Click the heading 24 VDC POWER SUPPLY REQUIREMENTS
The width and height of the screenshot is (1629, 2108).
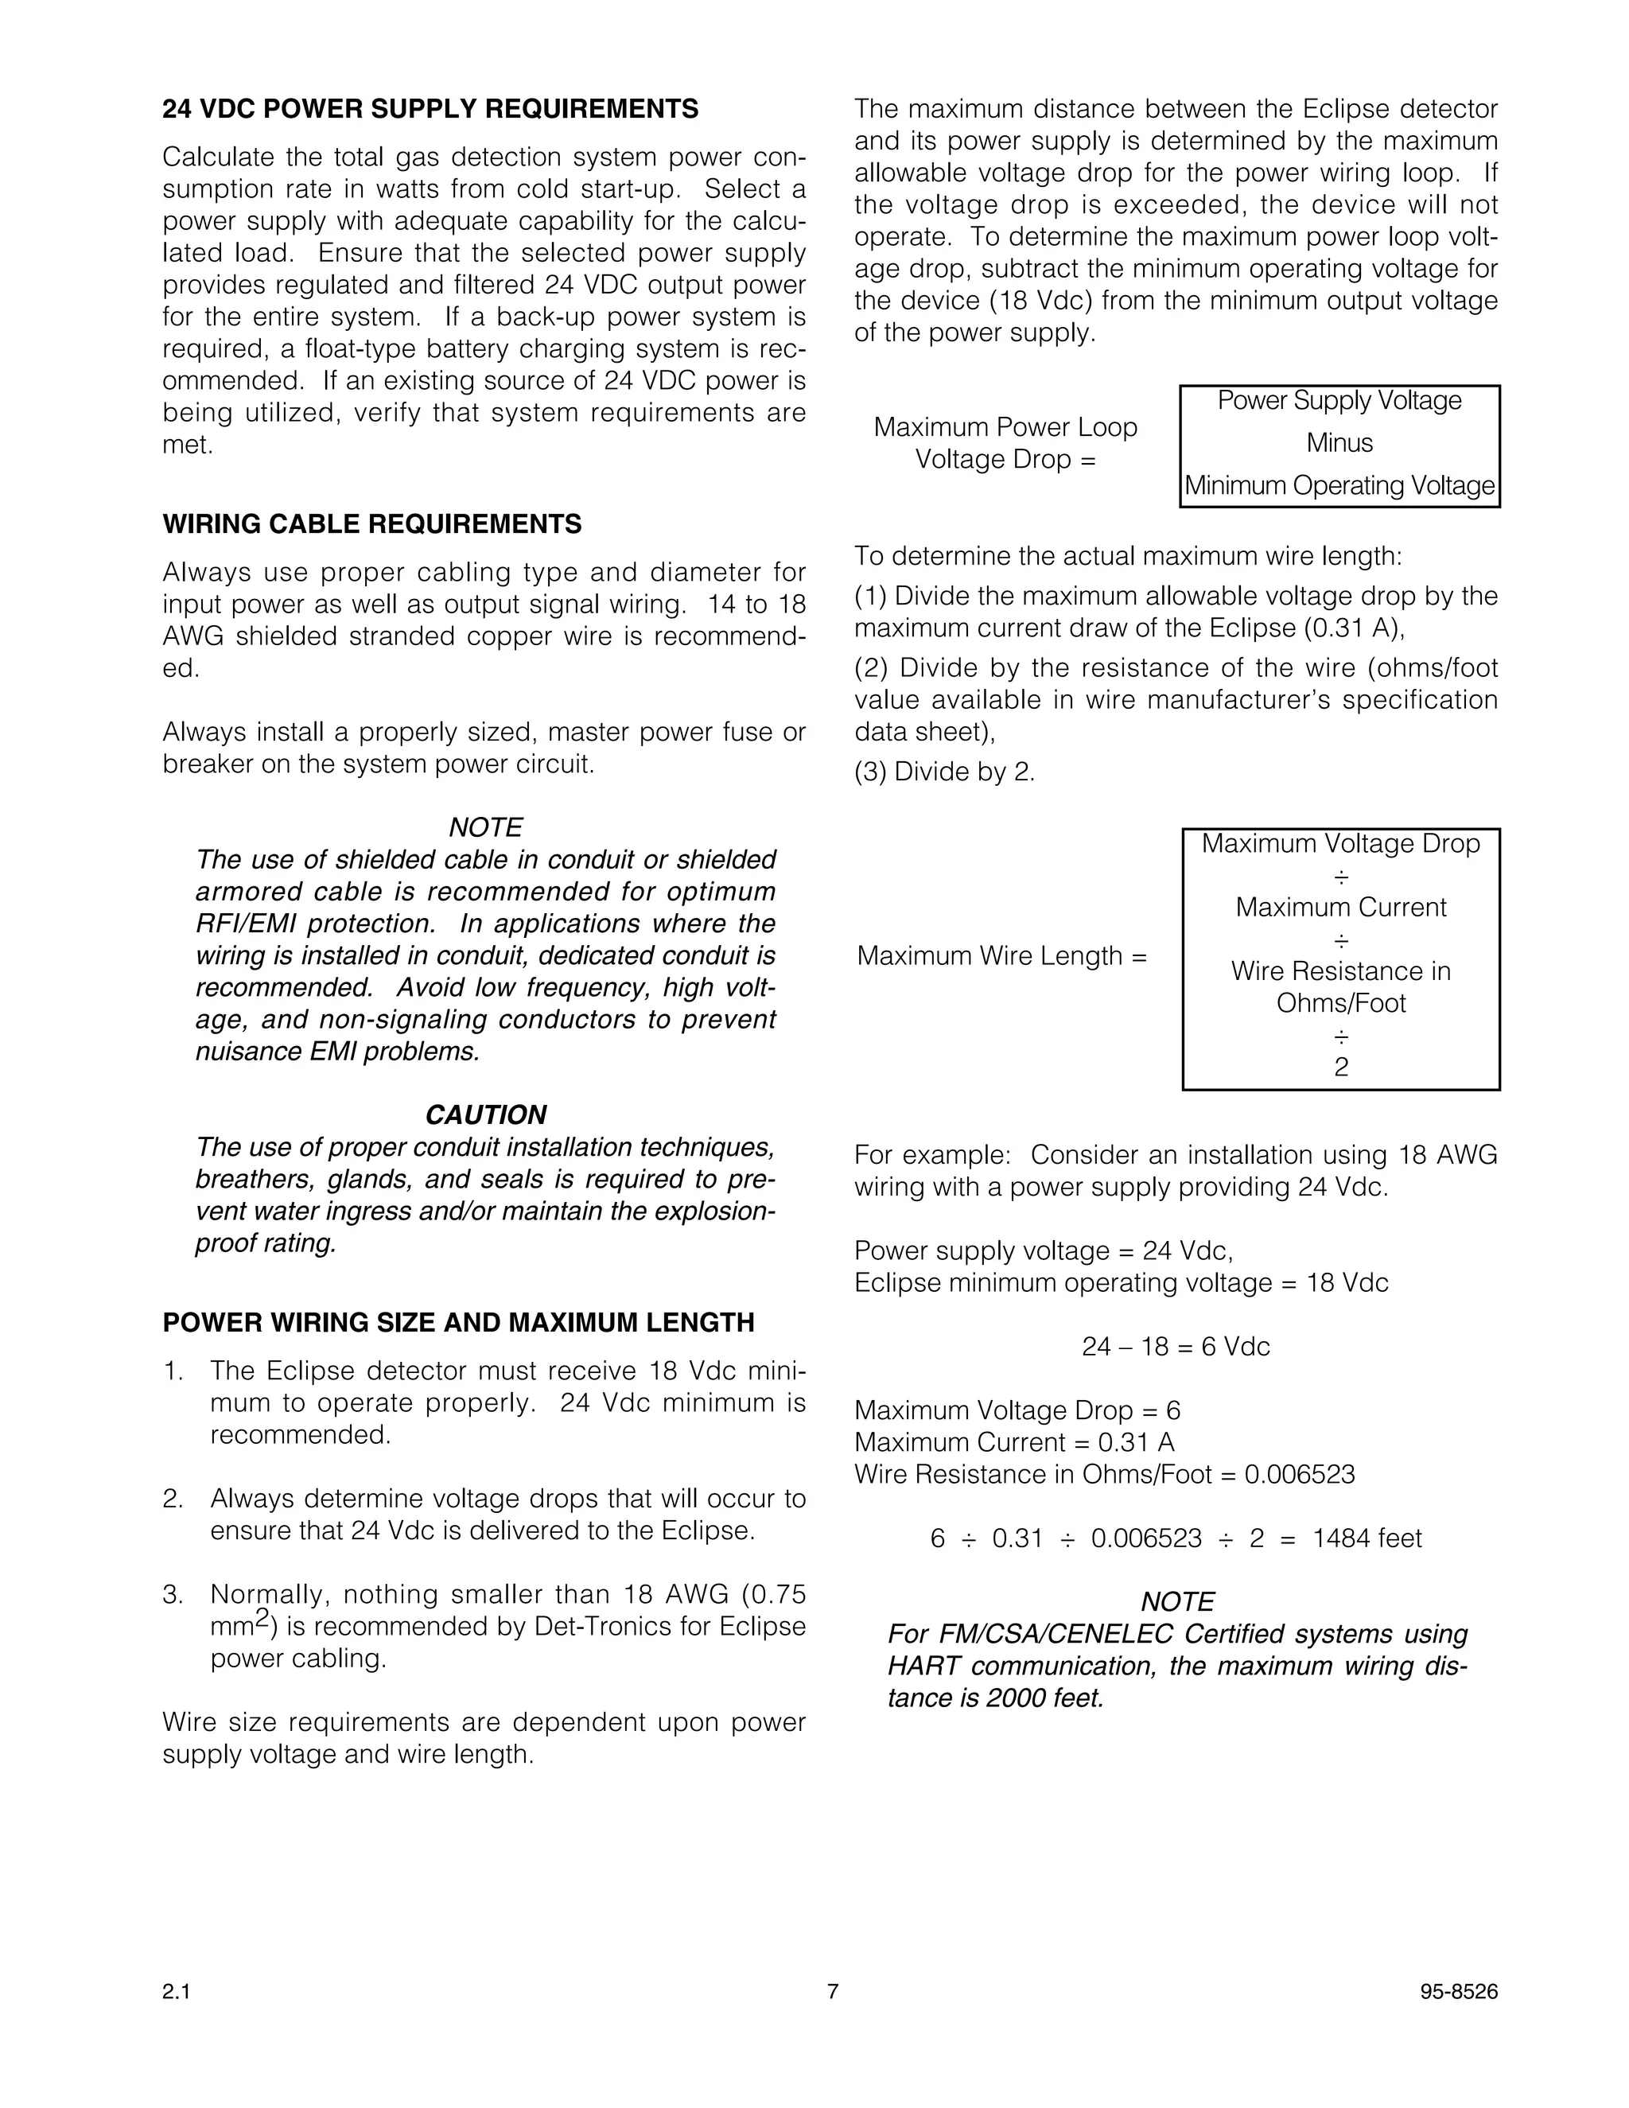coord(430,109)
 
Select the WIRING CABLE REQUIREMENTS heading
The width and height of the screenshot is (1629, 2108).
coord(371,524)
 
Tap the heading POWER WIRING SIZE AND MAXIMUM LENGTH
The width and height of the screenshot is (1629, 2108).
coord(458,1322)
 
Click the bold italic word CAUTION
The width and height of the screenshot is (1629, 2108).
coord(485,1114)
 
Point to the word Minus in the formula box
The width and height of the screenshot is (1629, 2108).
coord(1339,443)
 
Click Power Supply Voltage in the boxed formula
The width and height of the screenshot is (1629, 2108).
coord(1339,401)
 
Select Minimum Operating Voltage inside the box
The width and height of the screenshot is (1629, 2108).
coord(1339,485)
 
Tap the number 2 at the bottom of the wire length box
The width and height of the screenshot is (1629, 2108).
coord(1340,1067)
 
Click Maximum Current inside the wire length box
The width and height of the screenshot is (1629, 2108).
coord(1340,908)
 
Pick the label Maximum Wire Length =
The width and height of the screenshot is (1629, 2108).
coord(1001,955)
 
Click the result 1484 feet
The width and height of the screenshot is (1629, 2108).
coord(1367,1538)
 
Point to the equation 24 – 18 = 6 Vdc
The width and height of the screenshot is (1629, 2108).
coord(1176,1347)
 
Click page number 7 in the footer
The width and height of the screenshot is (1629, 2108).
coord(833,1991)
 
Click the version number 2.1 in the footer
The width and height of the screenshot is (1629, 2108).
coord(177,1991)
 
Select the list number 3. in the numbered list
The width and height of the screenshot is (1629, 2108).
coord(173,1594)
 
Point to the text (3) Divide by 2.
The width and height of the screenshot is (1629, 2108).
coord(944,772)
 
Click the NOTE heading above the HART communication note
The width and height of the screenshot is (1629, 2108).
coord(1177,1602)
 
